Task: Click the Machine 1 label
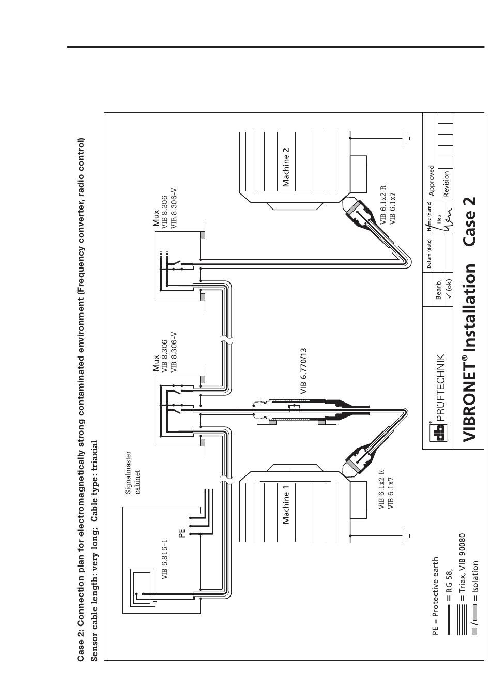tap(286, 504)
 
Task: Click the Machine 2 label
tap(286, 167)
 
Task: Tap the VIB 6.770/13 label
tap(304, 372)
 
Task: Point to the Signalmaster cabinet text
tap(133, 473)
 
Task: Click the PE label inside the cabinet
tap(182, 533)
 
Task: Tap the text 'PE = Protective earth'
tap(435, 603)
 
